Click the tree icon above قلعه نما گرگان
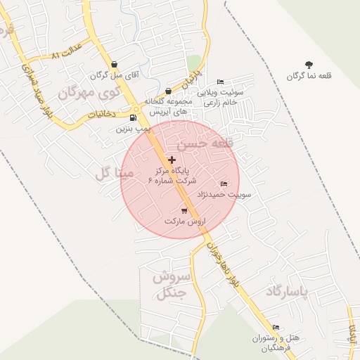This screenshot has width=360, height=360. pos(309,65)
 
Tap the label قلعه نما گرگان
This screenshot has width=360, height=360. pos(309,75)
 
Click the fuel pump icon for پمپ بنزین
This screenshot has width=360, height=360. pos(134,117)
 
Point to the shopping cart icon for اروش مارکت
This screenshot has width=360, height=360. pos(184,210)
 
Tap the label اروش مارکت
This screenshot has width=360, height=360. pos(184,221)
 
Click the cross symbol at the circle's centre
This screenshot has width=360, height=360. pos(172,160)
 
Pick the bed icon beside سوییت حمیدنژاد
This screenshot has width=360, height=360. pos(224,184)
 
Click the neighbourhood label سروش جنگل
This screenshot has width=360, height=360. pos(169,284)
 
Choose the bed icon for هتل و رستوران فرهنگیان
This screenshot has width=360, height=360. pos(276,327)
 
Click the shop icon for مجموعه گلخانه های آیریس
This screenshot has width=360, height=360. pos(168,91)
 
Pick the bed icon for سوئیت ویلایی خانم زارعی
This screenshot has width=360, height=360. pos(220,82)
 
